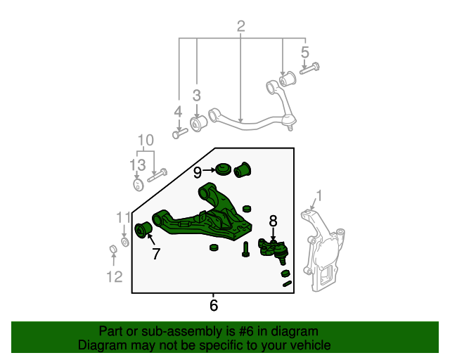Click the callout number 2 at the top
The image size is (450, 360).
240,27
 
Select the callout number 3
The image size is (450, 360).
197,95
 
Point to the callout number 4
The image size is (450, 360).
178,111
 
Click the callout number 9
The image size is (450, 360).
198,171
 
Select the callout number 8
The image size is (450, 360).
274,221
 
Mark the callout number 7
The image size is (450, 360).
156,254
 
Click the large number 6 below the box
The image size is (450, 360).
214,305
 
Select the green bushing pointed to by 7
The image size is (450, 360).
144,229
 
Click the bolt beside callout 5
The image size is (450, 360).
309,68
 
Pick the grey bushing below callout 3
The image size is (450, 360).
198,122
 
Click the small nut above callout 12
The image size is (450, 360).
112,250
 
